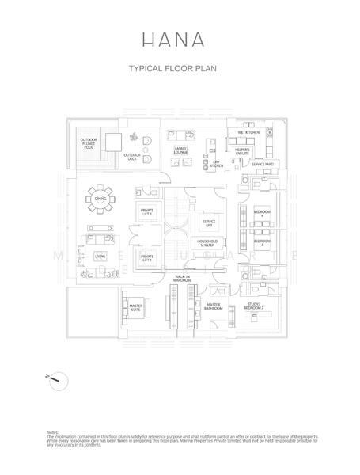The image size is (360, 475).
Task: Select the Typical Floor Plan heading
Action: [172, 69]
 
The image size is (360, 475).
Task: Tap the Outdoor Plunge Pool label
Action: [89, 142]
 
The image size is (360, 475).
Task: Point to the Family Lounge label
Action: [180, 149]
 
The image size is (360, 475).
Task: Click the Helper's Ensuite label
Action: [242, 150]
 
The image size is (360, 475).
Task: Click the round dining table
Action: [100, 199]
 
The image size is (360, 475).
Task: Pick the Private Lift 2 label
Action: [147, 211]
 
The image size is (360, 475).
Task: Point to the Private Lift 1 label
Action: [147, 258]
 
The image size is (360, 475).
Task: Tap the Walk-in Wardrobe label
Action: [182, 279]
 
